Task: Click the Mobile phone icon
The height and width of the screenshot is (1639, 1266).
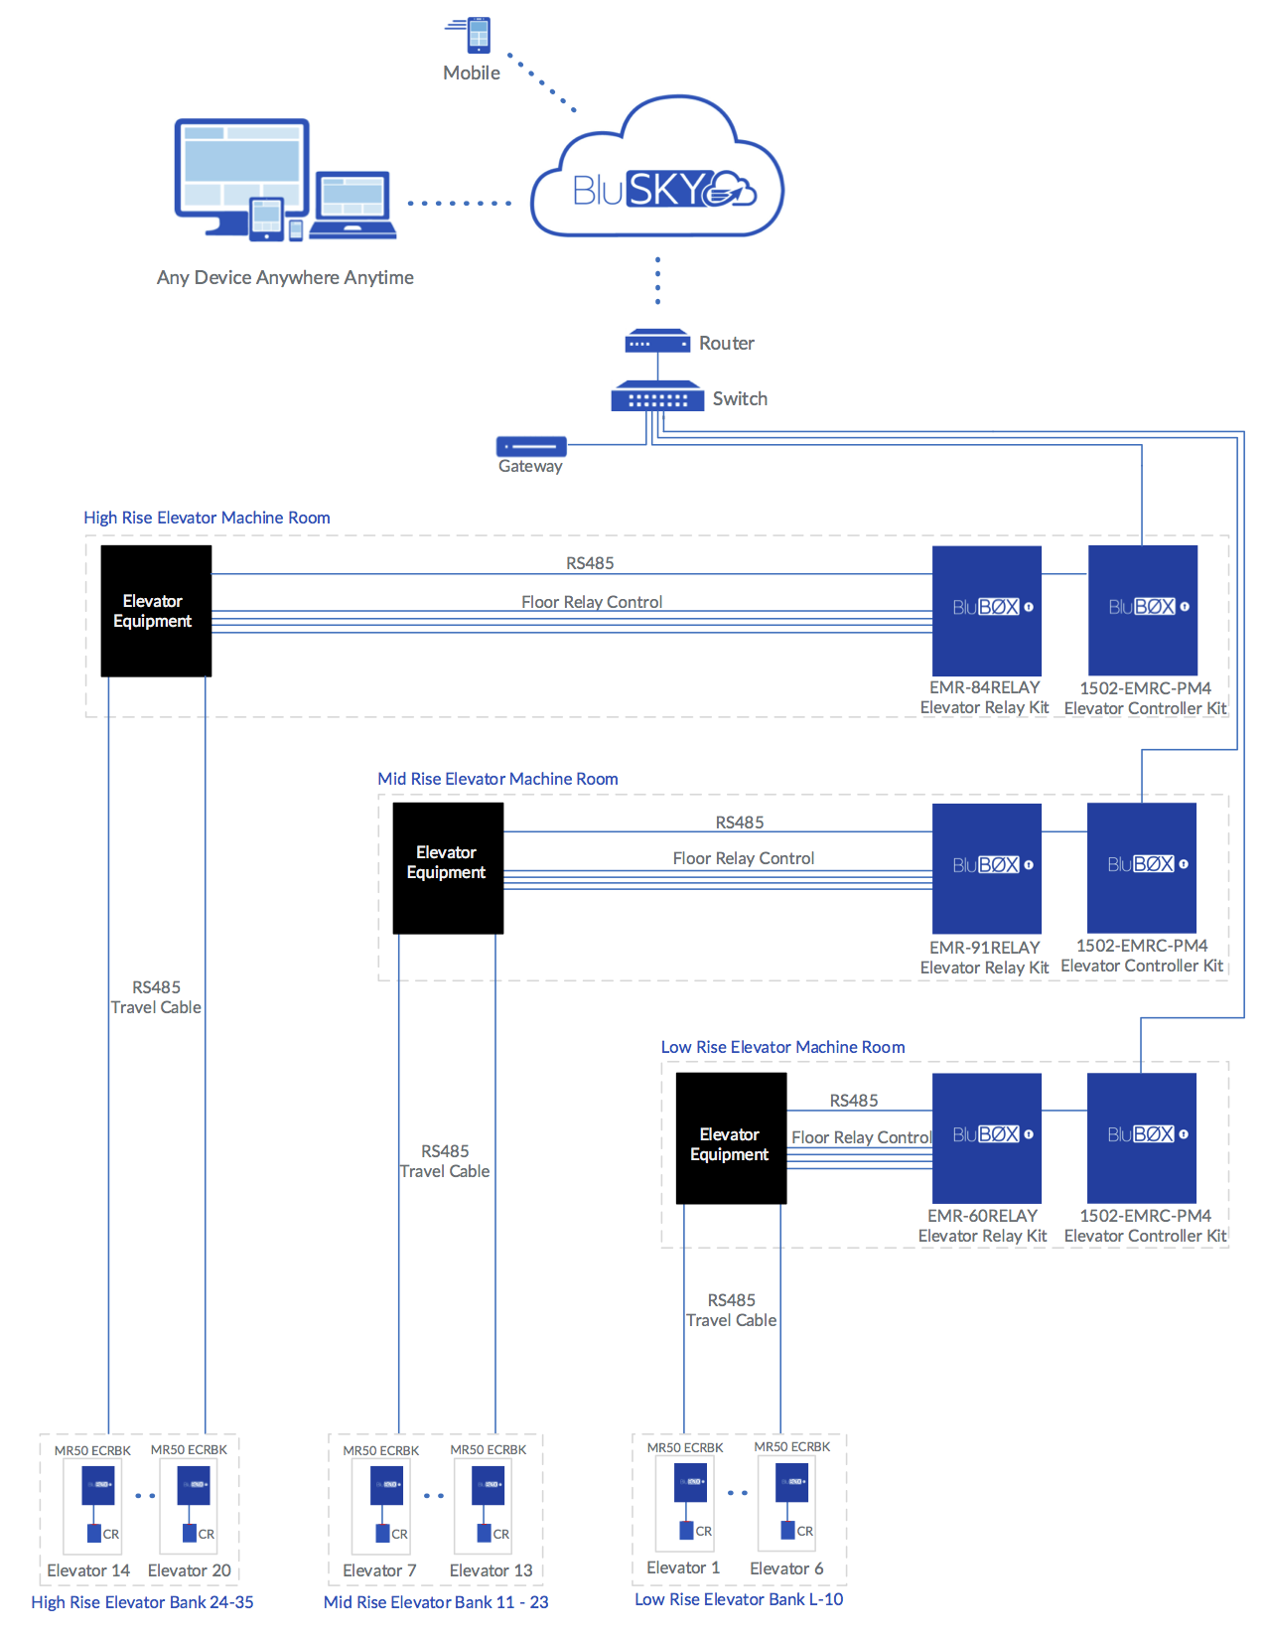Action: click(478, 35)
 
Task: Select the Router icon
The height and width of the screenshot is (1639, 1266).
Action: click(657, 342)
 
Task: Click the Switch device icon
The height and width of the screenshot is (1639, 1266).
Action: click(657, 397)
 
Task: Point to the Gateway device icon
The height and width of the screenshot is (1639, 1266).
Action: click(531, 446)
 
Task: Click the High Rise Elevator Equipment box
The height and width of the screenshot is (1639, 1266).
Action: click(156, 611)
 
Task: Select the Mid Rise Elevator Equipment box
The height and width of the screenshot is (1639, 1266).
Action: click(448, 867)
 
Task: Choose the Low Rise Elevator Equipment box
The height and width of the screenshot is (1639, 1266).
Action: click(731, 1138)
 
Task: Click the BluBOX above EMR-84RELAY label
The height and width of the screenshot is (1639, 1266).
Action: click(986, 610)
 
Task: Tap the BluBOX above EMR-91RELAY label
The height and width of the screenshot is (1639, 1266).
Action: click(986, 867)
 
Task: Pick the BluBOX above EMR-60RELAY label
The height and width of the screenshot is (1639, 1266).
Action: click(986, 1137)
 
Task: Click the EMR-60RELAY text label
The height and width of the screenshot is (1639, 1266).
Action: click(982, 1216)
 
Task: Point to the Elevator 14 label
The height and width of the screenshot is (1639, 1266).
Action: click(88, 1570)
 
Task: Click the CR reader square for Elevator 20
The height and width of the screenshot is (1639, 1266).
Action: click(190, 1533)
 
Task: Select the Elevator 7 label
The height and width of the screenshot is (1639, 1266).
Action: click(379, 1570)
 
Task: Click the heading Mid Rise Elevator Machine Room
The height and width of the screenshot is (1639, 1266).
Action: click(497, 779)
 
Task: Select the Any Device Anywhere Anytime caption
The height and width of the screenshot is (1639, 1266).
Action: click(285, 278)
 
